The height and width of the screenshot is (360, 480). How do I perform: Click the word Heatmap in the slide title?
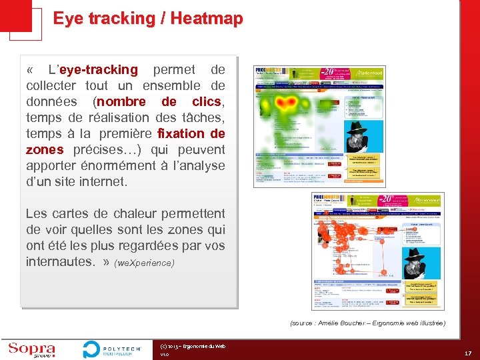[206, 19]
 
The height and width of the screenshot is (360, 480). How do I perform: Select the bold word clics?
[206, 102]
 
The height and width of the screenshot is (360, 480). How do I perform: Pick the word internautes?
[59, 262]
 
